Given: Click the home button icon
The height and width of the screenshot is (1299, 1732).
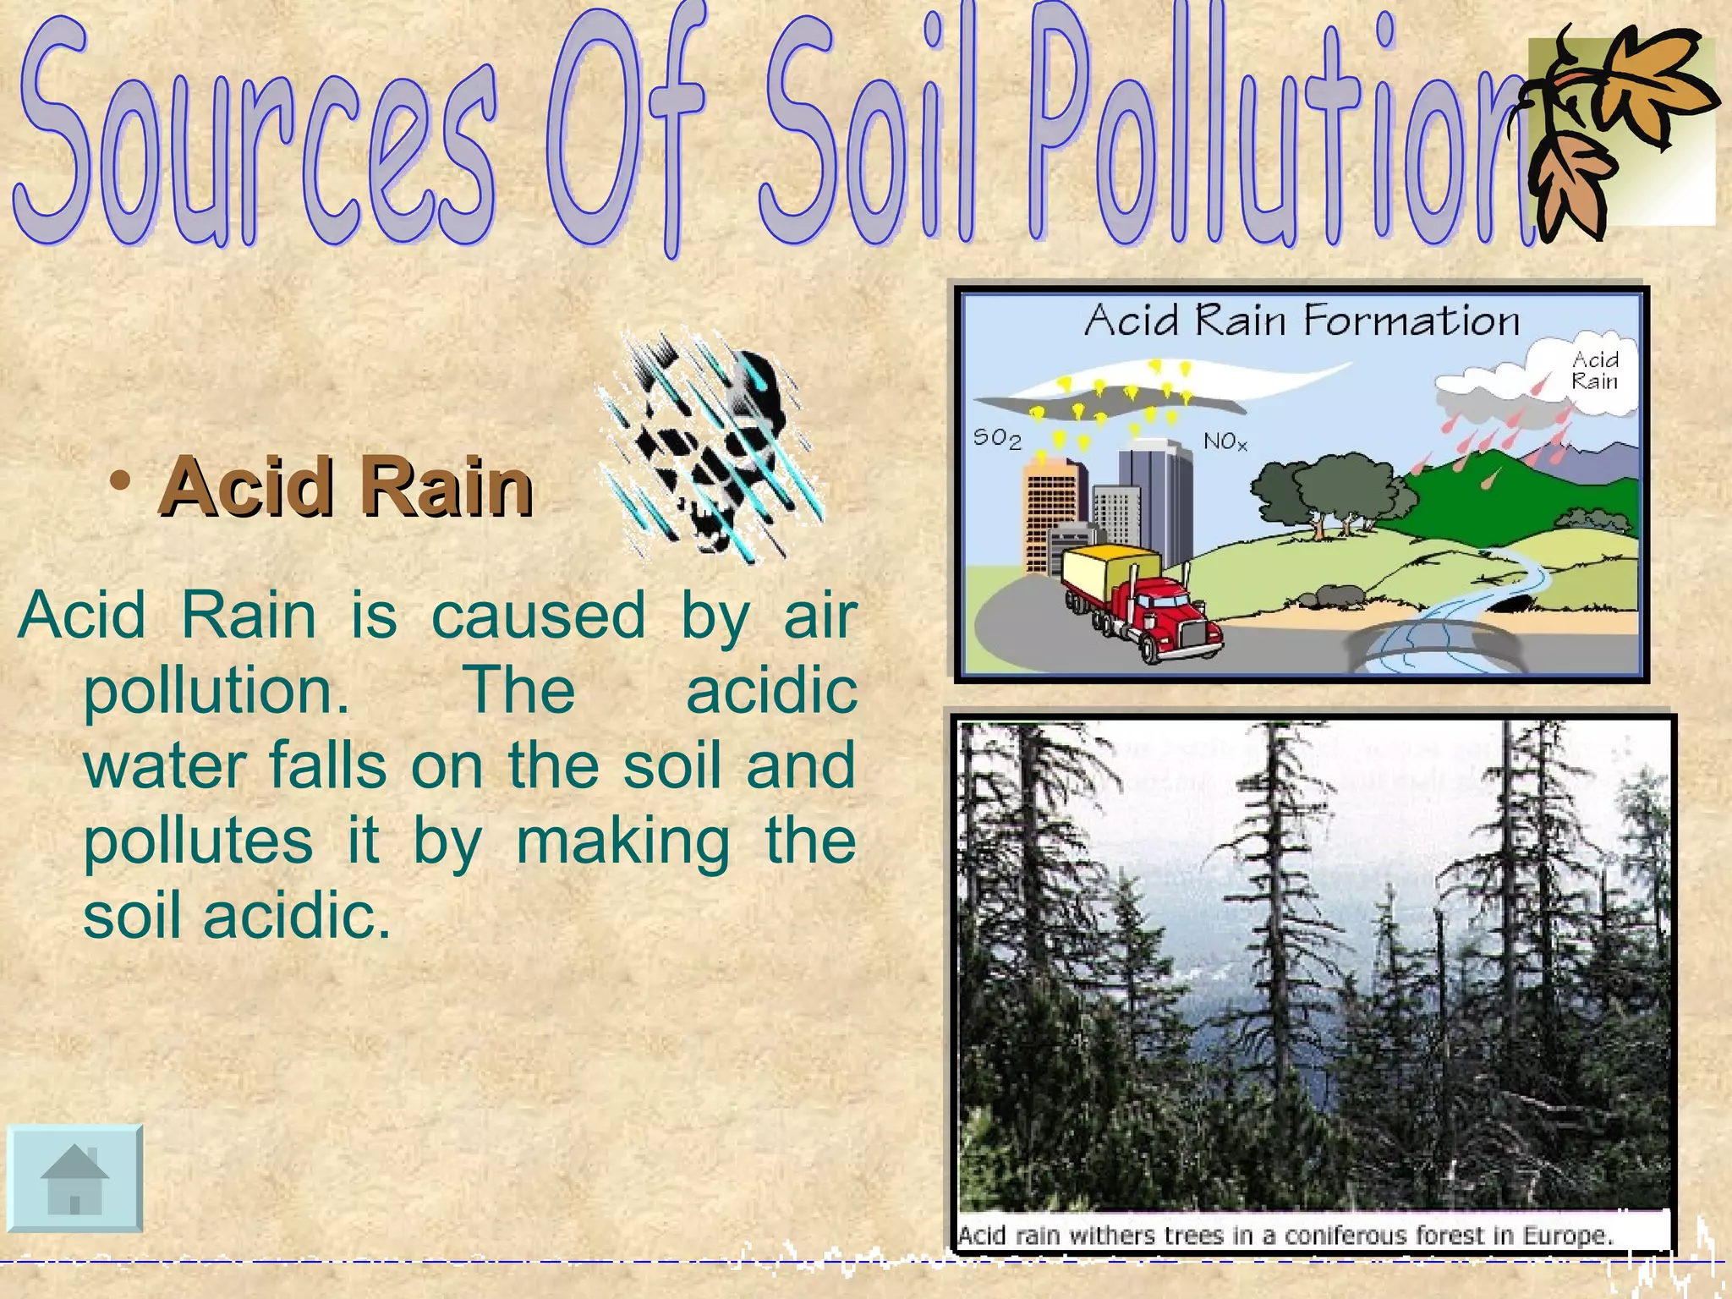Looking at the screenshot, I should point(74,1178).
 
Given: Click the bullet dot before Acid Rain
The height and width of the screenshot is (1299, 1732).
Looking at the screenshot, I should point(121,481).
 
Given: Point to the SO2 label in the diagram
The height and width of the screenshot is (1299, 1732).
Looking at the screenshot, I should point(996,438).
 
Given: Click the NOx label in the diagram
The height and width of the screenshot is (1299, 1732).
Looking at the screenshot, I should point(1225,441).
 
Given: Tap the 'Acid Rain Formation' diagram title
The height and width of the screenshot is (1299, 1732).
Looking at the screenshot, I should point(1302,321).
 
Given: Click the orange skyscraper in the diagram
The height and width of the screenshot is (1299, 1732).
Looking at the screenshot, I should point(1051,516).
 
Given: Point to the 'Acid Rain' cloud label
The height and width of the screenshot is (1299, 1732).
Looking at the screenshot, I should point(1594,371).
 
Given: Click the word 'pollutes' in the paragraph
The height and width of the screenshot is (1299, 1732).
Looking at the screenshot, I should point(199,841).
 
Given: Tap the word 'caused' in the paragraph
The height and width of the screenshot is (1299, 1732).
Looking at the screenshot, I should point(538,616).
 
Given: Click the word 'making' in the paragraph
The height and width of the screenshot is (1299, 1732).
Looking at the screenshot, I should point(622,841).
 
